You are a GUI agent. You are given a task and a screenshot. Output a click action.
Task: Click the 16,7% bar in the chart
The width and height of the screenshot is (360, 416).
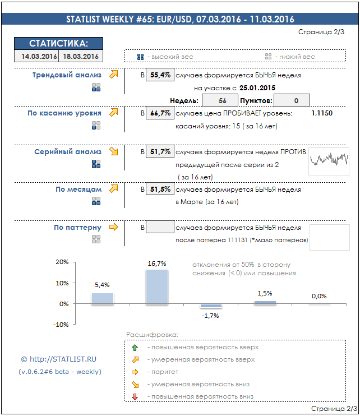click(156, 287)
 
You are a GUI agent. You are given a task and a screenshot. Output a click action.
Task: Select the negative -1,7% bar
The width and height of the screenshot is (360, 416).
click(211, 306)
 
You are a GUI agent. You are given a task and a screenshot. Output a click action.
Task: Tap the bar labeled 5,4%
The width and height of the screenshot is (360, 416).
click(102, 298)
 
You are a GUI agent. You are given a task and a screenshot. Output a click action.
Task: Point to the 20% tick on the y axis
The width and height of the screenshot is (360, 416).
click(62, 262)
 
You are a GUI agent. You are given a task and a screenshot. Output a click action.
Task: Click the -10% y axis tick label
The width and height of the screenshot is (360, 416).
click(61, 325)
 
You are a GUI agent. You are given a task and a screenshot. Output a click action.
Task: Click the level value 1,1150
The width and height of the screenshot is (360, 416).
click(321, 113)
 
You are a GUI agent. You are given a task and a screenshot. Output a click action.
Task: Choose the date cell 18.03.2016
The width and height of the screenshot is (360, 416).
click(81, 56)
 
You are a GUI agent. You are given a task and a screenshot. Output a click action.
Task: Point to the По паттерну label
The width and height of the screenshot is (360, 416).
click(77, 228)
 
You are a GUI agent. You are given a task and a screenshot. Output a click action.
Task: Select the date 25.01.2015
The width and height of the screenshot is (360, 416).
click(257, 88)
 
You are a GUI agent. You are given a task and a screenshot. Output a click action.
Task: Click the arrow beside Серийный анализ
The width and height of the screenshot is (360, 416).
click(114, 151)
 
